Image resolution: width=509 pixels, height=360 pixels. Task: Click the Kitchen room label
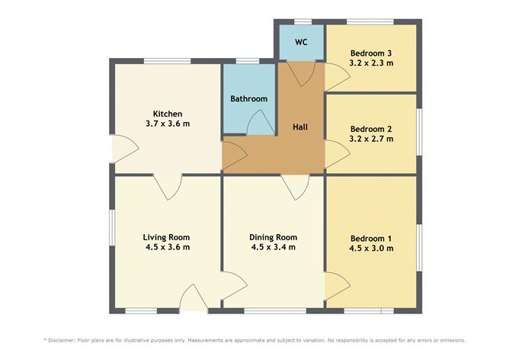(168, 114)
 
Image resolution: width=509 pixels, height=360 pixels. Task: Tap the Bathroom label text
(249, 99)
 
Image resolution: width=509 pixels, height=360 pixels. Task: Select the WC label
(300, 42)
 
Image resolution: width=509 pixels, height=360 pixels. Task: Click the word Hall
(301, 128)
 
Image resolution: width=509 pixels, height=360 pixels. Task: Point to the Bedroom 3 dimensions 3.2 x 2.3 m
(371, 63)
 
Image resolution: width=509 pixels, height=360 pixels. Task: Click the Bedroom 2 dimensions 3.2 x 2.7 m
(371, 139)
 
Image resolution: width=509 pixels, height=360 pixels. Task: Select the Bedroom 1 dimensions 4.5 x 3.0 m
(371, 248)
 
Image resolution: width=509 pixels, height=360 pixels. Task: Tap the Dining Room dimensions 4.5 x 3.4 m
(273, 247)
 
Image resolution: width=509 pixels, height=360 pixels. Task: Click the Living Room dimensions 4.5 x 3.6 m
(167, 247)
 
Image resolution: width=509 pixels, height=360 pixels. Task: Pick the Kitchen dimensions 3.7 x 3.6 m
(168, 124)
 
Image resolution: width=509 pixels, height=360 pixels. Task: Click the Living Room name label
(167, 236)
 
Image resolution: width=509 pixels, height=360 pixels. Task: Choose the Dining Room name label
(273, 236)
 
